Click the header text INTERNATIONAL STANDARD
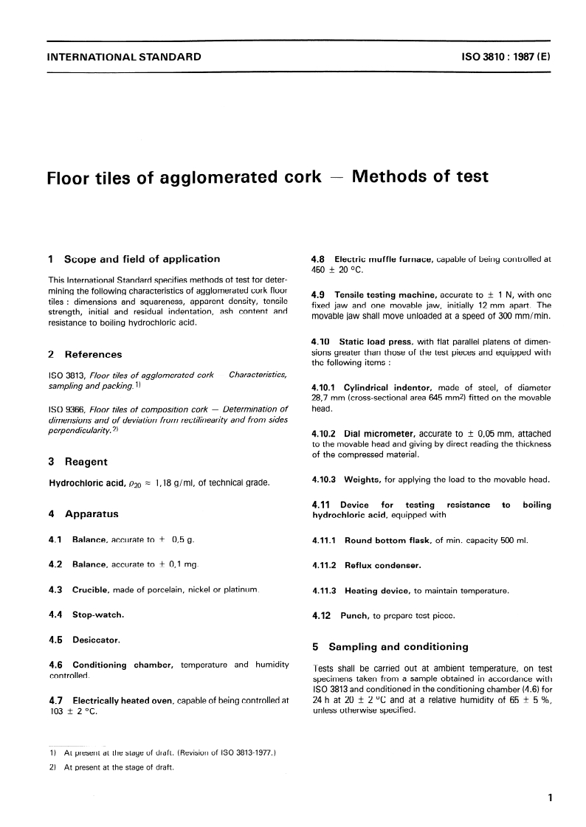(x=123, y=57)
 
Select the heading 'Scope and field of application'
(x=142, y=259)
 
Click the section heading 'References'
(x=93, y=354)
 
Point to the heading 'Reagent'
(x=86, y=462)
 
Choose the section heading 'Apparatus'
(x=92, y=513)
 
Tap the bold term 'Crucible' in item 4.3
(x=91, y=589)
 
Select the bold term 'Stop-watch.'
(x=98, y=614)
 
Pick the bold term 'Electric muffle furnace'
(x=384, y=259)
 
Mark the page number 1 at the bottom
(x=551, y=797)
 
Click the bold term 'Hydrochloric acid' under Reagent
(x=84, y=483)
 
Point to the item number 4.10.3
(x=325, y=480)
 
